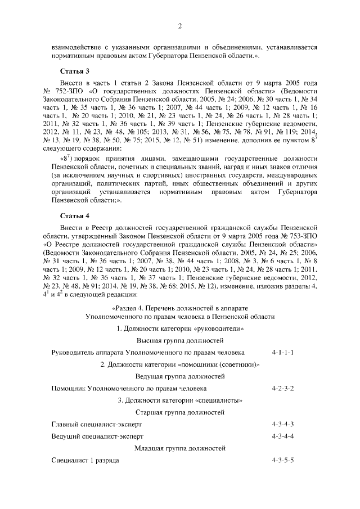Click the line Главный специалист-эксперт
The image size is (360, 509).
click(x=97, y=424)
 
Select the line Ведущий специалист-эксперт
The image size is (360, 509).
click(x=97, y=436)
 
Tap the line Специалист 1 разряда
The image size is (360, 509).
click(x=85, y=461)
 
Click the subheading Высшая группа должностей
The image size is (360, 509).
click(x=180, y=341)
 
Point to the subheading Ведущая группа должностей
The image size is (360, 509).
click(x=180, y=377)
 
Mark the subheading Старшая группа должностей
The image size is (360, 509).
click(x=180, y=413)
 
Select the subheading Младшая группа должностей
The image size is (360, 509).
click(x=180, y=449)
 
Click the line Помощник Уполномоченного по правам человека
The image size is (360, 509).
click(x=129, y=389)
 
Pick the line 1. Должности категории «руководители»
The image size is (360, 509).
click(x=180, y=329)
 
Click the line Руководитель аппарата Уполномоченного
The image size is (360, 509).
click(x=147, y=353)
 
